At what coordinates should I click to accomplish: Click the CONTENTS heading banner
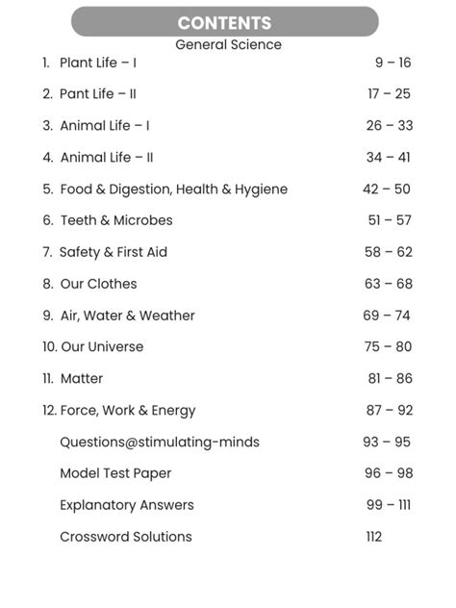(225, 22)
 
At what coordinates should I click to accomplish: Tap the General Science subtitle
(228, 44)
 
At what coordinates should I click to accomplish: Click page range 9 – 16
(393, 63)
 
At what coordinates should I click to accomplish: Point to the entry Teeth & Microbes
(116, 220)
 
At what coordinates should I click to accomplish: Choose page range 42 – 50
(387, 190)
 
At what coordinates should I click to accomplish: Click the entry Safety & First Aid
(114, 252)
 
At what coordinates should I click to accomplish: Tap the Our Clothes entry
(99, 284)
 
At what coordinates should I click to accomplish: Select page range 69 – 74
(387, 316)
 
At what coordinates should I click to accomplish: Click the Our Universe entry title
(102, 347)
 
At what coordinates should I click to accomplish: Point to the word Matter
(82, 379)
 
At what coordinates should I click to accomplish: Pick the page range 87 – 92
(389, 411)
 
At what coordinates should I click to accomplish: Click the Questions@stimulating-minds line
(160, 443)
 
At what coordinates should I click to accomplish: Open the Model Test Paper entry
(114, 473)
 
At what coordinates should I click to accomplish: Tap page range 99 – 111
(388, 505)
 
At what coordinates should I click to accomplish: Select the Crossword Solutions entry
(126, 537)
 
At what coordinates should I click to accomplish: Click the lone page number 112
(373, 537)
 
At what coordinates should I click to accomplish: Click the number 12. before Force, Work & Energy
(49, 411)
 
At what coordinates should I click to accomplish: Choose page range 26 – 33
(389, 126)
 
